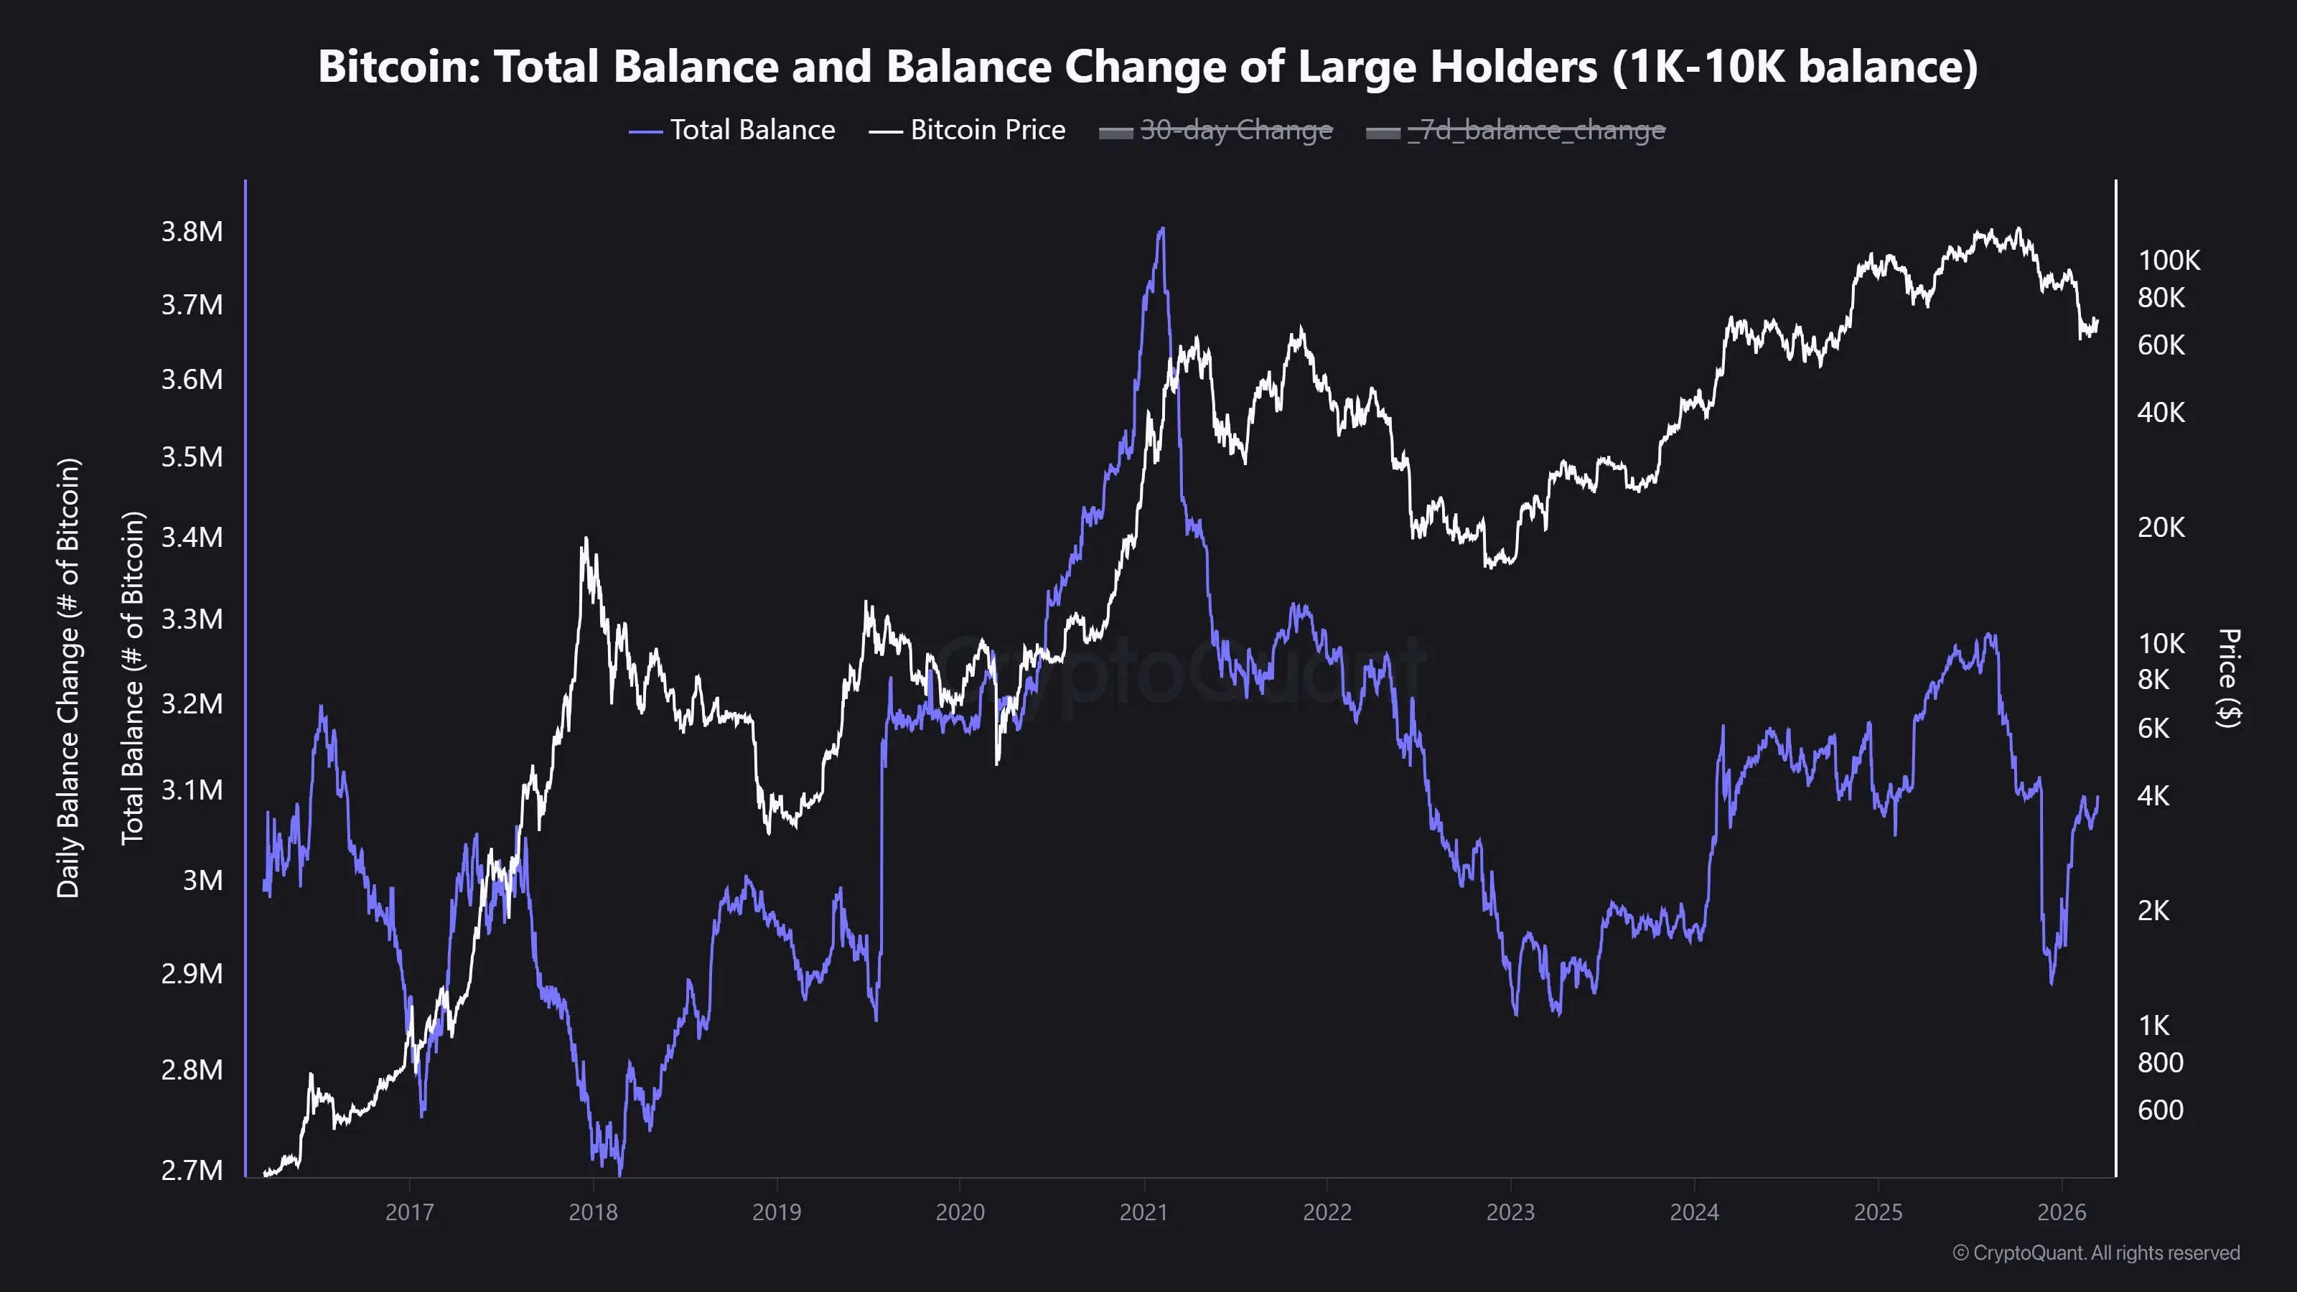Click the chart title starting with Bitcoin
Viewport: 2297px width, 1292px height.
1148,66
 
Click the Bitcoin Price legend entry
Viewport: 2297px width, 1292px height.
967,130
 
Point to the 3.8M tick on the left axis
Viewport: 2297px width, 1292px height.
192,232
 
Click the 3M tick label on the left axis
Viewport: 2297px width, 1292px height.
202,880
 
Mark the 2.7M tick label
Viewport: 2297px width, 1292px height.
192,1170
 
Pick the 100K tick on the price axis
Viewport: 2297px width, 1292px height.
2169,261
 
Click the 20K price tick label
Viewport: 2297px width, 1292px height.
2161,527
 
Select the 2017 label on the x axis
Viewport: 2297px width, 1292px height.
409,1212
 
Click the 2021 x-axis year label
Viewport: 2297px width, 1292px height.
1143,1212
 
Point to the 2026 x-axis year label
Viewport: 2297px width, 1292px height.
2062,1212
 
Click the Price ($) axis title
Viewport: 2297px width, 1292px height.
2228,678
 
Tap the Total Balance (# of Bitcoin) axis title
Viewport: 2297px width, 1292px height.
132,678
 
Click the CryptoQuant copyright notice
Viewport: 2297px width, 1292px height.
2095,1253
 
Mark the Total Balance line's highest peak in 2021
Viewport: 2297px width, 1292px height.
1161,229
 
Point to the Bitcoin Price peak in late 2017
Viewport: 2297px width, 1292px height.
585,538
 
